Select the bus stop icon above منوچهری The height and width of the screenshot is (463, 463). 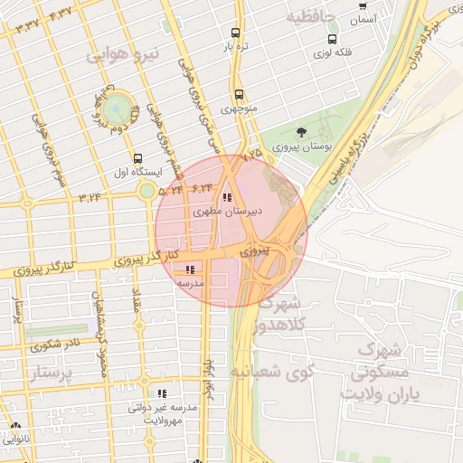tap(239, 94)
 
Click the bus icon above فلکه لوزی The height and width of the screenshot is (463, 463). tap(334, 39)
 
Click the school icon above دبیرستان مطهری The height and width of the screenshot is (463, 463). tap(227, 197)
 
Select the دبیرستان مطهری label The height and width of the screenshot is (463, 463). tap(227, 212)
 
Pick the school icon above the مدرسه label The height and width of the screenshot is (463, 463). tap(190, 269)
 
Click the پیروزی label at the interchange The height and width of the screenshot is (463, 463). tap(257, 250)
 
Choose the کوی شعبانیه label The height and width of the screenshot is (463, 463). tap(271, 371)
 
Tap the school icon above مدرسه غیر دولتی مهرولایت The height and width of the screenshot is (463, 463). tap(163, 394)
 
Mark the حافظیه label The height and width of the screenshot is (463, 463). tap(311, 18)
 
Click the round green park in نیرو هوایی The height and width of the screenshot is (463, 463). tap(115, 108)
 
